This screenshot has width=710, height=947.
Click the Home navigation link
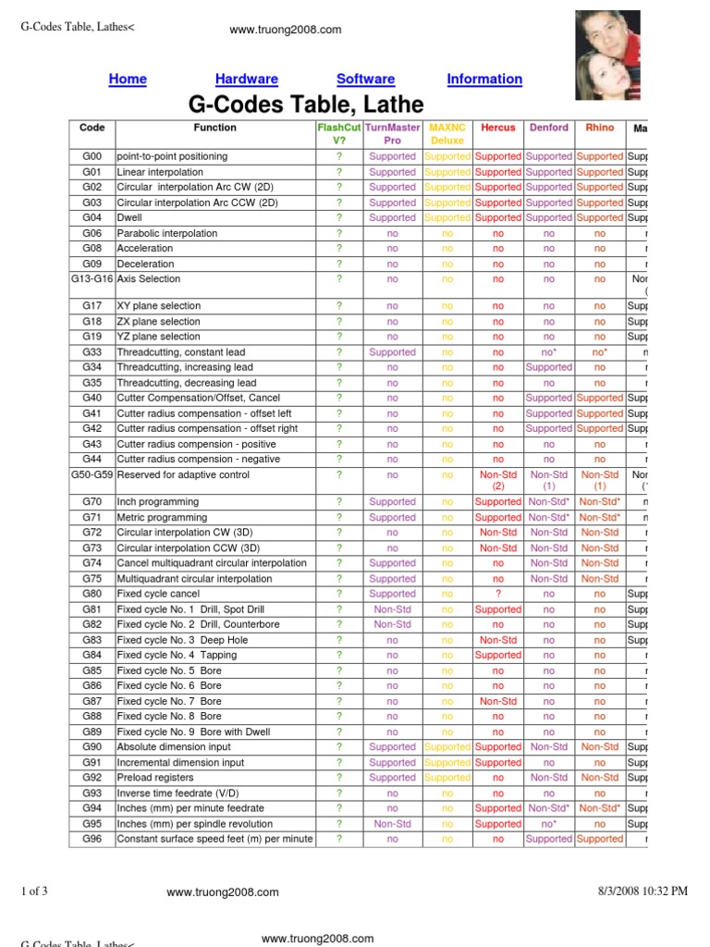point(128,80)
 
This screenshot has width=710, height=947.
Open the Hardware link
point(247,80)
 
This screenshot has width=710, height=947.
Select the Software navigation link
point(365,80)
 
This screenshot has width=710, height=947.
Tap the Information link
point(484,80)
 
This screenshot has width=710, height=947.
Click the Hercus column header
point(498,128)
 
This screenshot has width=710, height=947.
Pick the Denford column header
point(549,128)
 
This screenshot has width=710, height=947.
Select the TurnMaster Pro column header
point(393,134)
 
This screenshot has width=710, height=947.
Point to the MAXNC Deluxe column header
point(447,134)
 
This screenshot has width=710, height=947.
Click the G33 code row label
point(92,352)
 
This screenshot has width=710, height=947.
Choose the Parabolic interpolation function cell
point(167,233)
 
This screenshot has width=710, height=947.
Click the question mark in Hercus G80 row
point(498,594)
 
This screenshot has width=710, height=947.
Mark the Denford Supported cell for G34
point(549,367)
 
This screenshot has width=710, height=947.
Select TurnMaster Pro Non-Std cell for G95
point(393,823)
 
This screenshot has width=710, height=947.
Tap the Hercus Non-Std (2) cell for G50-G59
point(498,480)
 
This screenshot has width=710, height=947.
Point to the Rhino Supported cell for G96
point(600,839)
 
